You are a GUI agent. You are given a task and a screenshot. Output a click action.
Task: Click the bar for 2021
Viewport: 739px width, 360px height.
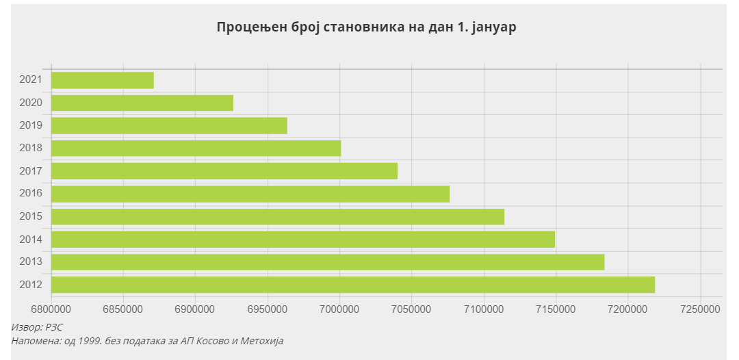coord(103,80)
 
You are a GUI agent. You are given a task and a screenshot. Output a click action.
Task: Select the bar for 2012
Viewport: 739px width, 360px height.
coord(353,285)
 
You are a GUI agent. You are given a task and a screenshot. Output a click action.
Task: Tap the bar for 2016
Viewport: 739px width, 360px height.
coord(250,194)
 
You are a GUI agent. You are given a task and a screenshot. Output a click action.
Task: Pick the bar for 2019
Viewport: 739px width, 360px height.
coord(169,126)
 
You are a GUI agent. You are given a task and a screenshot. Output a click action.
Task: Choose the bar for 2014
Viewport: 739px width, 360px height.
coord(303,240)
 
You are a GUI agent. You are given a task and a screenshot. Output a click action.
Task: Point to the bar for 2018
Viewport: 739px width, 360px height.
coord(196,149)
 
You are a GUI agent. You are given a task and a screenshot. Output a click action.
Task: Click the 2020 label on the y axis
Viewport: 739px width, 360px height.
coord(31,103)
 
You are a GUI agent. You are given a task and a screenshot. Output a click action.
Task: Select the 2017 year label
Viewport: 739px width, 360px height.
coord(31,171)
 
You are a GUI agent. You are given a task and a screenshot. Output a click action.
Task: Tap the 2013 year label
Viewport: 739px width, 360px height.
coord(31,262)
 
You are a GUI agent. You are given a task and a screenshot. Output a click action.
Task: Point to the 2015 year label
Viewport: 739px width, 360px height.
coord(31,216)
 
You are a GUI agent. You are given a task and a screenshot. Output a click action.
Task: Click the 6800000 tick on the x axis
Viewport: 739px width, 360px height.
coord(51,309)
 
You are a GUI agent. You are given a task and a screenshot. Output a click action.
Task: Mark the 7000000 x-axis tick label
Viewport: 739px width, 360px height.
coord(340,309)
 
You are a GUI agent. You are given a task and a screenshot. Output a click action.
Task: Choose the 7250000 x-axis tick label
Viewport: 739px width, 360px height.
coord(701,309)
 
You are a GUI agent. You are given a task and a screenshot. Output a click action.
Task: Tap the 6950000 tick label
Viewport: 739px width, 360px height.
coord(268,309)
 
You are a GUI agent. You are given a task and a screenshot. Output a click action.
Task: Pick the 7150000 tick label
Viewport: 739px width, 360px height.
coord(556,309)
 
